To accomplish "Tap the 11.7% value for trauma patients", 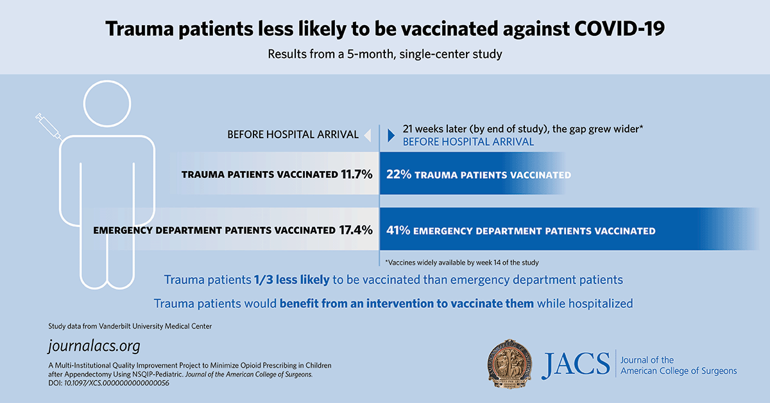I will point(356,174).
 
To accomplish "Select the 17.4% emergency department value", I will point(355,229).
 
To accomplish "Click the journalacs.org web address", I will point(94,346).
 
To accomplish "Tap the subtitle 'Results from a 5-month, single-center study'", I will point(385,54).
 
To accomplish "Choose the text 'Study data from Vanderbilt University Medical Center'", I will point(130,327).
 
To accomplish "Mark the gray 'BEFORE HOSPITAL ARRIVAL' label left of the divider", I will point(293,135).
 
